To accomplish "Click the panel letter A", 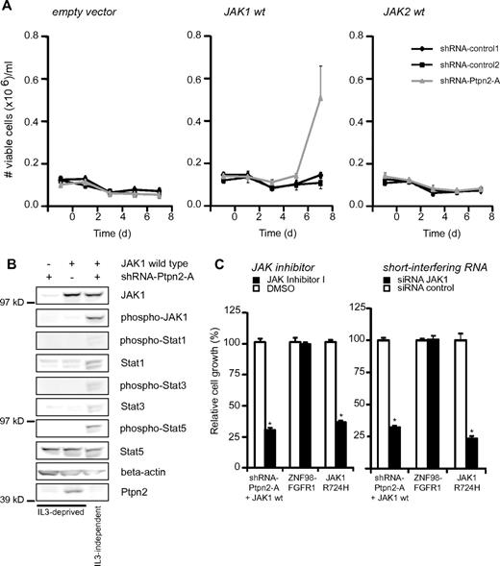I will pos(8,8).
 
